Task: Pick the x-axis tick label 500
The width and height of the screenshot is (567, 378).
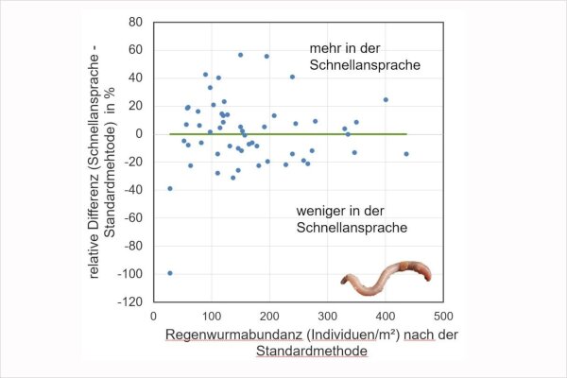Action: [443, 316]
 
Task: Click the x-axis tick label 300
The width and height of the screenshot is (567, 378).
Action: [328, 316]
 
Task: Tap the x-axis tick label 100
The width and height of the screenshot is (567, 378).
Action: [212, 316]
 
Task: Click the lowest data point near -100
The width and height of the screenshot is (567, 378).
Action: [169, 273]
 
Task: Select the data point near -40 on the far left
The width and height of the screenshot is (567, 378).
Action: [169, 188]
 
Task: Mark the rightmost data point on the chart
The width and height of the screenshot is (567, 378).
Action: [406, 154]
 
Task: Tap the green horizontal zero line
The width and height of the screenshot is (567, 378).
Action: [283, 134]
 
